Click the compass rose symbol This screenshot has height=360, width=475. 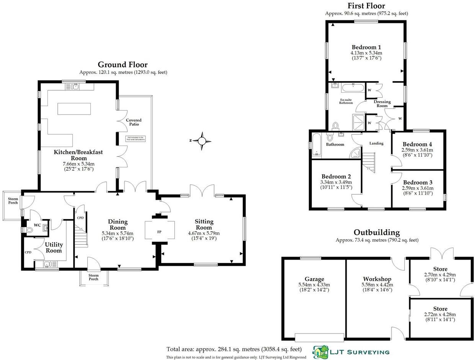(202, 141)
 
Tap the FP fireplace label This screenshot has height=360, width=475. (159, 232)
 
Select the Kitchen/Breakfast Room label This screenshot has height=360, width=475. (78, 155)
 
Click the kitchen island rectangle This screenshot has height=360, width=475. (74, 109)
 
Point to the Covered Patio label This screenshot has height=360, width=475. (134, 122)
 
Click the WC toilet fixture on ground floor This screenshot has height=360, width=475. (29, 230)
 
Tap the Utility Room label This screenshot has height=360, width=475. (54, 248)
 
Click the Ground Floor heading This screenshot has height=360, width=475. (123, 64)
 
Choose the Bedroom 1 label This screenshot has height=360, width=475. (366, 47)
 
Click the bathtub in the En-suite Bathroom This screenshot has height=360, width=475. (352, 88)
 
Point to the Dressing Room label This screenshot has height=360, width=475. (382, 104)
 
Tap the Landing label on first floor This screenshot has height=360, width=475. (376, 143)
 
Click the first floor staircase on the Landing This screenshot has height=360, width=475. (370, 161)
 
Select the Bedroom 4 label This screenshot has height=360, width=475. (417, 144)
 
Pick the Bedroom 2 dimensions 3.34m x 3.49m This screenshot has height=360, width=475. (336, 182)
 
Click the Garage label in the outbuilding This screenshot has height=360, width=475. (314, 279)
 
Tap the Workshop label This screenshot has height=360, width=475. (377, 279)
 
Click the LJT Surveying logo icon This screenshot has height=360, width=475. (320, 351)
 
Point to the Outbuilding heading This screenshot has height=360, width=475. (377, 232)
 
